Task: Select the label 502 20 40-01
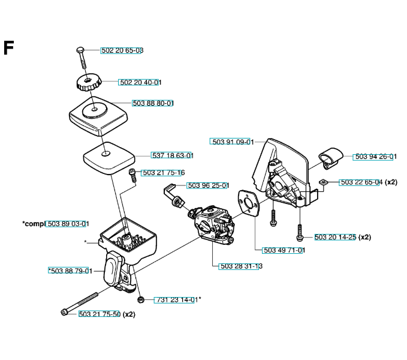coord(140,82)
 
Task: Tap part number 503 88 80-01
coord(153,103)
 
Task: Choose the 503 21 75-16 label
coord(163,173)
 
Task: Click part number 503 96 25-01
coord(208,185)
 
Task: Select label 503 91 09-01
coord(233,142)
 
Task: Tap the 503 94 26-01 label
coord(375,157)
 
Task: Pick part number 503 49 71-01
coord(284,250)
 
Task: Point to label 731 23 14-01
coord(176,299)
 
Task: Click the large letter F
coord(8,48)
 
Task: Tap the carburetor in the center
coord(213,222)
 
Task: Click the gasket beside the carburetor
coord(246,205)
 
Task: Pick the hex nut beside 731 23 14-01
coord(140,299)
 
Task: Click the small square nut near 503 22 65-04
coord(322,182)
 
